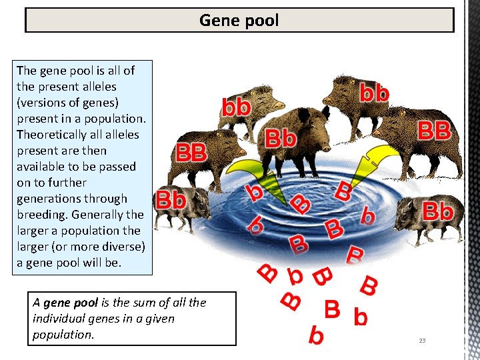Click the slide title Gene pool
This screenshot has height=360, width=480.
[x=239, y=21]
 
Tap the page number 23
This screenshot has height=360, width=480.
[x=422, y=341]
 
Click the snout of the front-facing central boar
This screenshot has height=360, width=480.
[x=307, y=139]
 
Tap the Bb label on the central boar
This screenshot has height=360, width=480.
[x=281, y=139]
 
